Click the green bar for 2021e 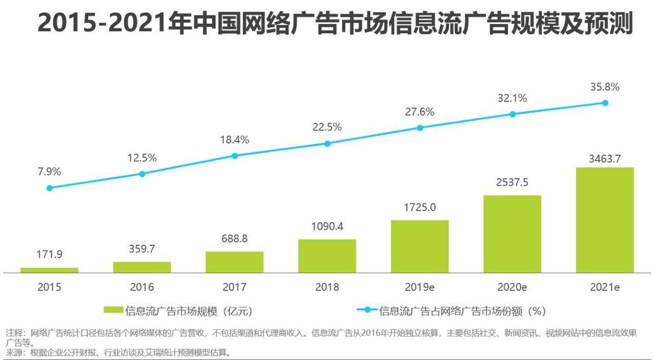coord(605,220)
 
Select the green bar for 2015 coord(49,270)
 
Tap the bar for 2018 coord(327,256)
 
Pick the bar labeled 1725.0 coord(420,246)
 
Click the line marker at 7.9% coord(49,188)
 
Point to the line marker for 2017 coord(235,156)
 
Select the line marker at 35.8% coord(605,103)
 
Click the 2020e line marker coord(512,114)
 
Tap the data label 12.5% coord(142,158)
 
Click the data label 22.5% coord(327,127)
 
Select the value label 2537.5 coord(512,183)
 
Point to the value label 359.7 coord(142,249)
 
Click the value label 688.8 coord(235,239)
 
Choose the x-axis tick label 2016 coord(142,287)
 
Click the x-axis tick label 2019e coord(420,287)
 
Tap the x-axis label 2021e coord(605,287)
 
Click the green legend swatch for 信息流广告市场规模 coord(113,311)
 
